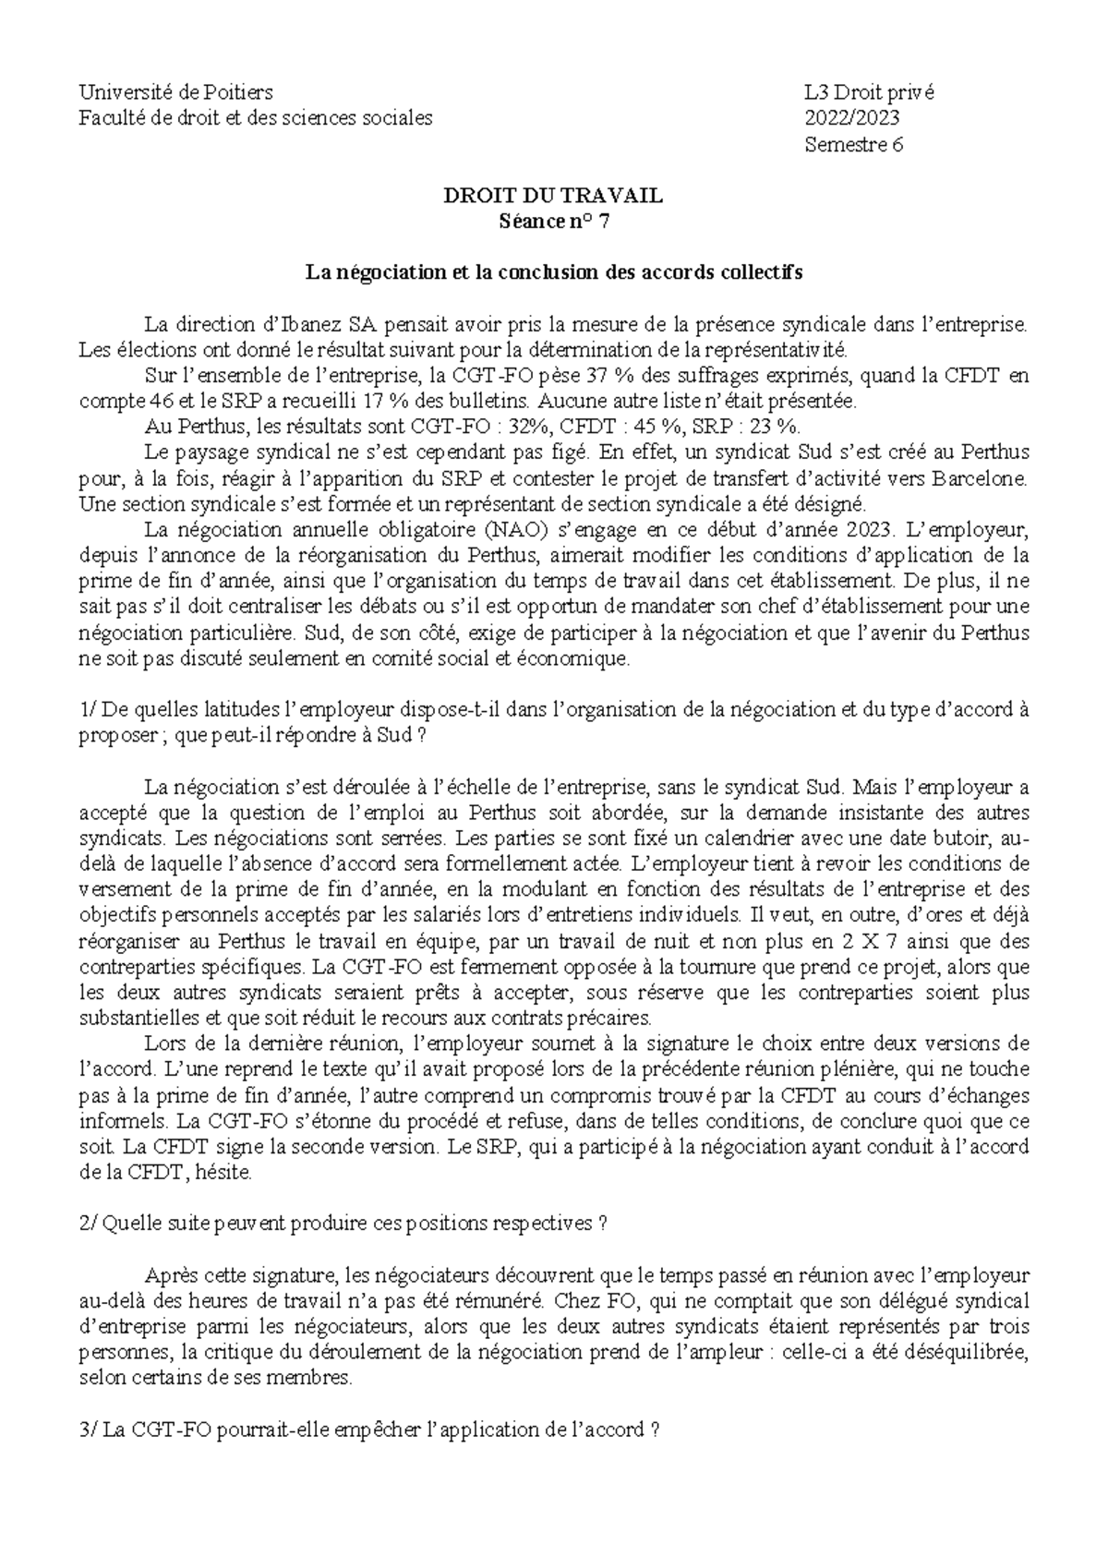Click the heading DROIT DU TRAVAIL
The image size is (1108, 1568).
[x=553, y=196]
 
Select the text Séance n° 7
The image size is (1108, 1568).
[x=553, y=222]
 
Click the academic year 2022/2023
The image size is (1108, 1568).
[x=851, y=118]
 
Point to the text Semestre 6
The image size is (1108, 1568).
[x=853, y=145]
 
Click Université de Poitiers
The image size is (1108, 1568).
[x=175, y=92]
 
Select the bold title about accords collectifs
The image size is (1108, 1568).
[x=553, y=273]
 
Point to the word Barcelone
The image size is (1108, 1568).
[x=979, y=479]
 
